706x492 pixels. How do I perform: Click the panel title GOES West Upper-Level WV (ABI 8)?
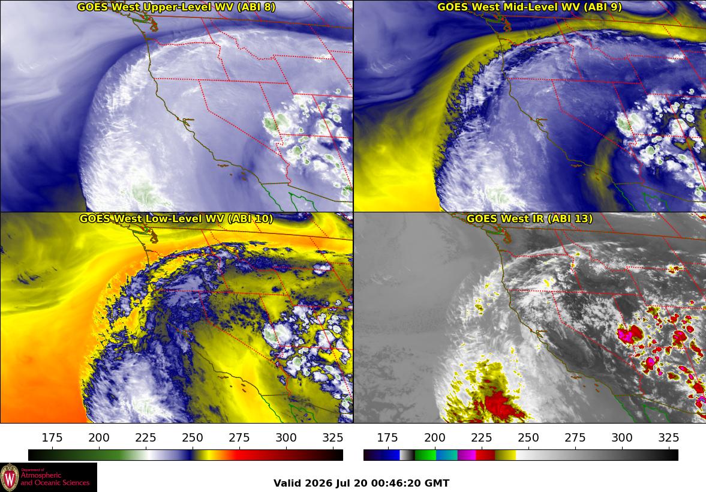pyautogui.click(x=176, y=7)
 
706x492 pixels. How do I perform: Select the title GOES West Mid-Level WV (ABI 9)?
pyautogui.click(x=530, y=7)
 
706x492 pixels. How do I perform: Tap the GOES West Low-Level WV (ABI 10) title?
pyautogui.click(x=176, y=218)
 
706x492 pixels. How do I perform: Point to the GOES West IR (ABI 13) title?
pyautogui.click(x=530, y=218)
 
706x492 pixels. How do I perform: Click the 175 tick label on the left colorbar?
pyautogui.click(x=52, y=437)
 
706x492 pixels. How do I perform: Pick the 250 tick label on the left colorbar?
pyautogui.click(x=193, y=437)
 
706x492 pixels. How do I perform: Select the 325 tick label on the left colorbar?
pyautogui.click(x=333, y=437)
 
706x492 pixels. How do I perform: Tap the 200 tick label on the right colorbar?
pyautogui.click(x=434, y=437)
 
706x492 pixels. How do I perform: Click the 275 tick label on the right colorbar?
pyautogui.click(x=575, y=437)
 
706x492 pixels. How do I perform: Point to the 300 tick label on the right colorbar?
pyautogui.click(x=622, y=437)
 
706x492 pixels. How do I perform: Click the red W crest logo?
pyautogui.click(x=10, y=478)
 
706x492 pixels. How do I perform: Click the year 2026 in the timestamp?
pyautogui.click(x=318, y=484)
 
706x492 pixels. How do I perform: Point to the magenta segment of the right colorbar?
pyautogui.click(x=467, y=455)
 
